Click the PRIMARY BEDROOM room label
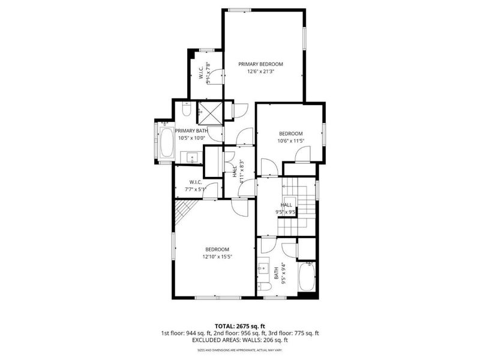pos(260,64)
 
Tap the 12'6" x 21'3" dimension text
pos(260,71)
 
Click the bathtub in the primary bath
pos(166,142)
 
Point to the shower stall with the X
pos(210,111)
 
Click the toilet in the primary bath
pos(186,110)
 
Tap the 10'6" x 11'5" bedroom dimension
pos(290,141)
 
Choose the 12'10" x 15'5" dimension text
pos(217,257)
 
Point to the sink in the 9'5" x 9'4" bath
pos(264,269)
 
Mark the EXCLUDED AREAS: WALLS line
pos(240,340)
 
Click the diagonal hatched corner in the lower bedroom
pos(185,210)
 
